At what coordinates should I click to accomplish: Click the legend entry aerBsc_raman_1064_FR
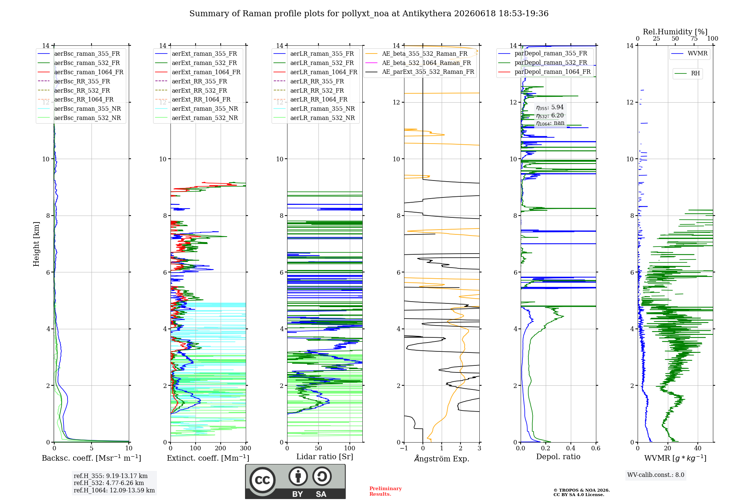[80, 72]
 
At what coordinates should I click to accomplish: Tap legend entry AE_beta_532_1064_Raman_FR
[418, 63]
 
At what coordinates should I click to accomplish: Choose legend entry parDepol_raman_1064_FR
[545, 72]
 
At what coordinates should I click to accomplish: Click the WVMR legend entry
[690, 54]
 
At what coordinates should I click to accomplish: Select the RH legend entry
[687, 73]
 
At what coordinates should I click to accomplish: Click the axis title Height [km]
[36, 244]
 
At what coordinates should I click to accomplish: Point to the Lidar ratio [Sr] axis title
[325, 457]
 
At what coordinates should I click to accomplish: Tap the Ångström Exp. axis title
[442, 458]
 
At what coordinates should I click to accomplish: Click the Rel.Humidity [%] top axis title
[675, 32]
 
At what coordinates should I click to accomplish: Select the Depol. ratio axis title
[558, 457]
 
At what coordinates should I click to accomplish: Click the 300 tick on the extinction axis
[245, 448]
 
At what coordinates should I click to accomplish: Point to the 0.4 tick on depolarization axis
[571, 448]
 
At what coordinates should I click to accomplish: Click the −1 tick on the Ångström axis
[404, 448]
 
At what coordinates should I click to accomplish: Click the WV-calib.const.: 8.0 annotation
[656, 475]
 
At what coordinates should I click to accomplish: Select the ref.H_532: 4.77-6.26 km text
[109, 483]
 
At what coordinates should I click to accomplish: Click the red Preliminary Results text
[386, 491]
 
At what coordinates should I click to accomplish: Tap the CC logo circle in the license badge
[262, 480]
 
